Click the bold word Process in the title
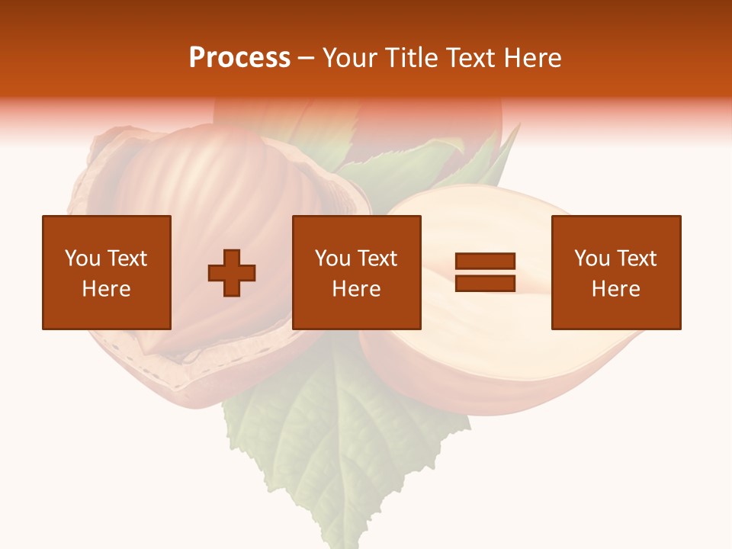pos(239,58)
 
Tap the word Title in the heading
pos(413,58)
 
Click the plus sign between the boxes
pos(232,273)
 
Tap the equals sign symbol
pos(485,272)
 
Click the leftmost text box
pos(107,272)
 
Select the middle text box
pos(357,272)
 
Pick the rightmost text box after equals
pos(616,272)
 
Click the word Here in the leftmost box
pos(107,289)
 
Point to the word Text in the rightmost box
pos(636,258)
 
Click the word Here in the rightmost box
pos(616,289)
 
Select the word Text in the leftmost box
pos(127,258)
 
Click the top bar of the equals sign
pos(485,262)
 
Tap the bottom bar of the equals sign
pos(485,283)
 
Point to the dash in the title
pos(307,58)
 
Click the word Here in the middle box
pos(357,289)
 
